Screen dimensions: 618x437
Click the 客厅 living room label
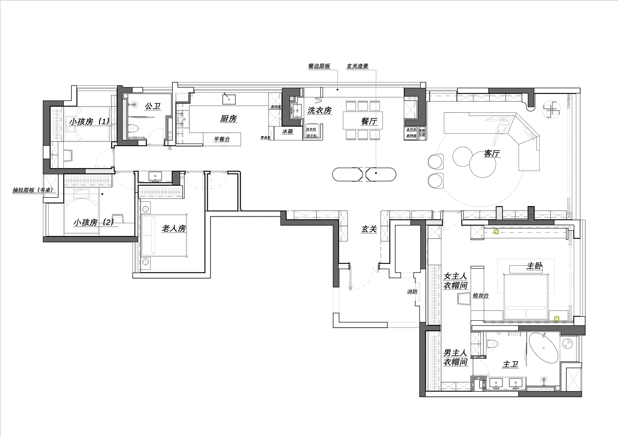coord(492,153)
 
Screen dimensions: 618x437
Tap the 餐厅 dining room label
coord(369,121)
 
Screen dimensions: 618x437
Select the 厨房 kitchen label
coord(228,118)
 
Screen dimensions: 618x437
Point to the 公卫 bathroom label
coord(153,106)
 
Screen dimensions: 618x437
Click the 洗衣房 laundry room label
coord(319,110)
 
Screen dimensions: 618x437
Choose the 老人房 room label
coord(174,229)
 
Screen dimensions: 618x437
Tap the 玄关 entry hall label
coord(369,229)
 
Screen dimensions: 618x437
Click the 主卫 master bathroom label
coord(510,365)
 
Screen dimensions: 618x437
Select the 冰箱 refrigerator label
coord(287,132)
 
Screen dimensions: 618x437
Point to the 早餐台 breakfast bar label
coord(222,139)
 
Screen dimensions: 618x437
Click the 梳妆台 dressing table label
coord(481,295)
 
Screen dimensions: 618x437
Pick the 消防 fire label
coord(412,292)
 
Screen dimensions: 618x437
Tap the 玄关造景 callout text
coord(358,66)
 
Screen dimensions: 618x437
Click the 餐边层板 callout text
coord(319,66)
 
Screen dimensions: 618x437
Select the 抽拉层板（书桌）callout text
coord(33,190)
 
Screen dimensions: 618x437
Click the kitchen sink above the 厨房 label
coord(229,99)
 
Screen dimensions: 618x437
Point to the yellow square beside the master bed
coord(557,319)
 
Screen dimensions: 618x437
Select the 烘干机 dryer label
coord(311,135)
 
